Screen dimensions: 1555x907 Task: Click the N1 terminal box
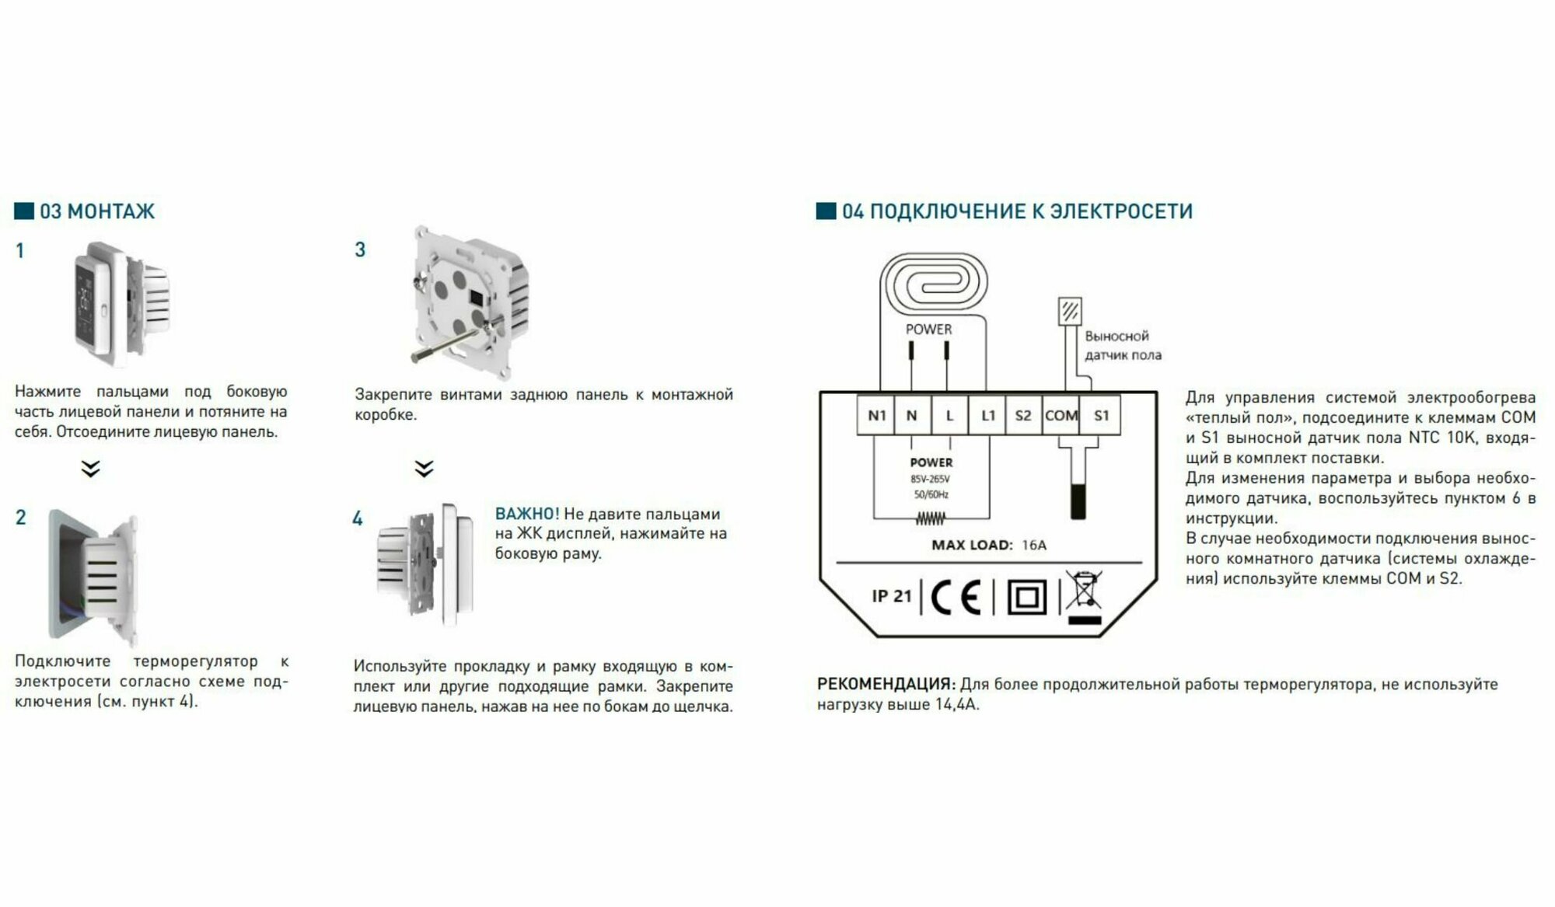(x=876, y=416)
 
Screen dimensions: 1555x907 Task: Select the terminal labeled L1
(x=987, y=416)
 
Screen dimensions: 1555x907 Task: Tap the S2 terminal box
(x=1023, y=416)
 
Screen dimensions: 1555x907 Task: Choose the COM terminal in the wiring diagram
(x=1061, y=416)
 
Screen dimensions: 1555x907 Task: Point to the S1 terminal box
(x=1101, y=416)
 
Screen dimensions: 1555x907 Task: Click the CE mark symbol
(x=956, y=597)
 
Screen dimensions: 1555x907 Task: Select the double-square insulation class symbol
(x=1027, y=598)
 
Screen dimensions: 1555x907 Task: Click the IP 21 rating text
(x=891, y=596)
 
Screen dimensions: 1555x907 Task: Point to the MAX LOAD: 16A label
(x=989, y=545)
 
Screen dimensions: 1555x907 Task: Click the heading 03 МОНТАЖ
(x=96, y=211)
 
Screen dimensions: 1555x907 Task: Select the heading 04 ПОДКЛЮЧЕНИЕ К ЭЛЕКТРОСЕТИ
(x=1016, y=211)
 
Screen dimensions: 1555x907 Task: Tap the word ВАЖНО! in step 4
(x=527, y=514)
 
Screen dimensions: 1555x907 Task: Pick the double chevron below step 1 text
(x=91, y=469)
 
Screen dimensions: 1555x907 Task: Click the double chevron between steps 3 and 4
(x=424, y=469)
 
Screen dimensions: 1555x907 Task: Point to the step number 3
(x=360, y=249)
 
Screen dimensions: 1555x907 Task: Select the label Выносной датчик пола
(x=1123, y=346)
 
